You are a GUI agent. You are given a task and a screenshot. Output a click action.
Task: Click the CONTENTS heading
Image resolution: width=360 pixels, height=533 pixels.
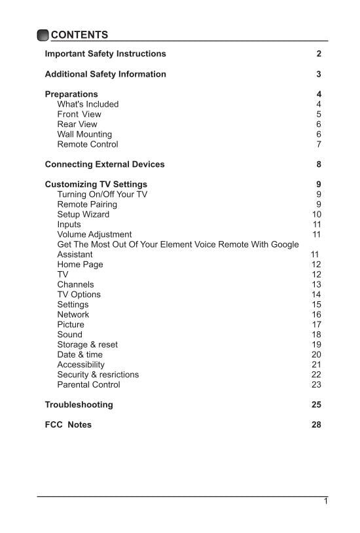point(79,35)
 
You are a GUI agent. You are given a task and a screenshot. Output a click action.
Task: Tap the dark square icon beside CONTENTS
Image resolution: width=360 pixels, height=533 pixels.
point(43,35)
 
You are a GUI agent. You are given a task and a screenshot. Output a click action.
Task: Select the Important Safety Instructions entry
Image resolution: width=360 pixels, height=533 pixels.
point(105,54)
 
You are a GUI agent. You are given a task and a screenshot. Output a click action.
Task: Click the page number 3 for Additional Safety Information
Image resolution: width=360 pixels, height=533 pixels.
point(318,74)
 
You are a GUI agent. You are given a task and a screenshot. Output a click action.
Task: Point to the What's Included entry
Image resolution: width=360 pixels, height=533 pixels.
point(88,104)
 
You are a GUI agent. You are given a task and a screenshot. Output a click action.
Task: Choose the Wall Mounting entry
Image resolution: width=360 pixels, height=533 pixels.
point(84,134)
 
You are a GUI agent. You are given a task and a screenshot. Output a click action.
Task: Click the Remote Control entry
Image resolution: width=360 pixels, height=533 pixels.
point(88,144)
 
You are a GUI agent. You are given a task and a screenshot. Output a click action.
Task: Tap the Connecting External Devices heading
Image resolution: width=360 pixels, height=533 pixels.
point(105,164)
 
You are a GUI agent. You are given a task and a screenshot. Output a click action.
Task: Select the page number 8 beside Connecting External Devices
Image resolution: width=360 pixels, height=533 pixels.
point(318,164)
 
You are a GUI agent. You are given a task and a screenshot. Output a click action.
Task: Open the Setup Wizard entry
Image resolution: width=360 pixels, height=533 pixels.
point(83,214)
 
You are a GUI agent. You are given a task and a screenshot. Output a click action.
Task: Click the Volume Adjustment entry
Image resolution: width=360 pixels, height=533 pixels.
point(94,234)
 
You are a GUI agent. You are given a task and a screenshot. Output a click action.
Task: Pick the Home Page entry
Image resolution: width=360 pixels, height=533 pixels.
point(80,265)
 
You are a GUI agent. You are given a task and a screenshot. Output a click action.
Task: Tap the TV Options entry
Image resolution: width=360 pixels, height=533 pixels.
point(79,295)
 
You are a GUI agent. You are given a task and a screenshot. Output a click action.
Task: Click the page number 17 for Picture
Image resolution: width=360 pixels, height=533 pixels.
point(316,324)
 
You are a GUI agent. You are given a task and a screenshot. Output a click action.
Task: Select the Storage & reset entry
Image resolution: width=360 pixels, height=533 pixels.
point(87,344)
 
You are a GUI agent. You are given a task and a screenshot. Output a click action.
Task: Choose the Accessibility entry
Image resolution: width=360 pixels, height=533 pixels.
point(81,365)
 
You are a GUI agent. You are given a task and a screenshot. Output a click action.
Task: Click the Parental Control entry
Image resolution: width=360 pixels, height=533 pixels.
point(88,384)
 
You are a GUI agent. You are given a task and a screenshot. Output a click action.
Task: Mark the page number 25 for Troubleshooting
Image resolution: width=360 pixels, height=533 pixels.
point(316,405)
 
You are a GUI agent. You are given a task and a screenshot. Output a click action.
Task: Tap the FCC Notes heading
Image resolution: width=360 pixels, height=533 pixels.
point(68,424)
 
